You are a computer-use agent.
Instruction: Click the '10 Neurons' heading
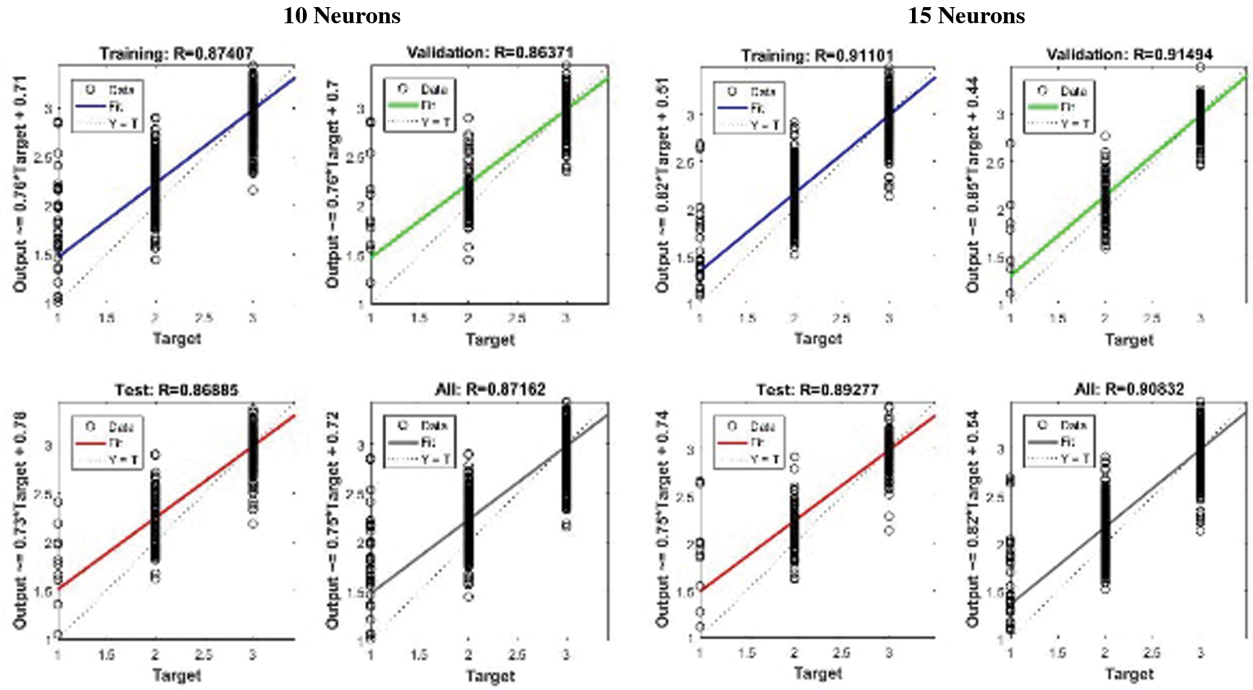(342, 15)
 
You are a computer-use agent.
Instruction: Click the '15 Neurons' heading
(966, 15)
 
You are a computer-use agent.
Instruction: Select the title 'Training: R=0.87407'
(176, 53)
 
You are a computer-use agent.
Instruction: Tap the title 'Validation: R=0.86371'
(490, 52)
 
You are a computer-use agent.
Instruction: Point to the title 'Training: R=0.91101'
(817, 56)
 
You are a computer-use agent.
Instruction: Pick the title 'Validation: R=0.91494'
(1129, 54)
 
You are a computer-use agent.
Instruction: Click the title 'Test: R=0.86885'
(176, 390)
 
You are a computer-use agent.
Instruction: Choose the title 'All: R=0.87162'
(490, 389)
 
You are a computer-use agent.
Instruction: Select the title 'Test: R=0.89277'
(817, 390)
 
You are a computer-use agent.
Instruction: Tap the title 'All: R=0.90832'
(1129, 389)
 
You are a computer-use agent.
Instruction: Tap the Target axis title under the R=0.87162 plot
(490, 676)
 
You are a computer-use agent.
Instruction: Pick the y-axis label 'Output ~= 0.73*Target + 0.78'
(20, 520)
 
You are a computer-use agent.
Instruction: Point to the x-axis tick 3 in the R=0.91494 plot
(1200, 318)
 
